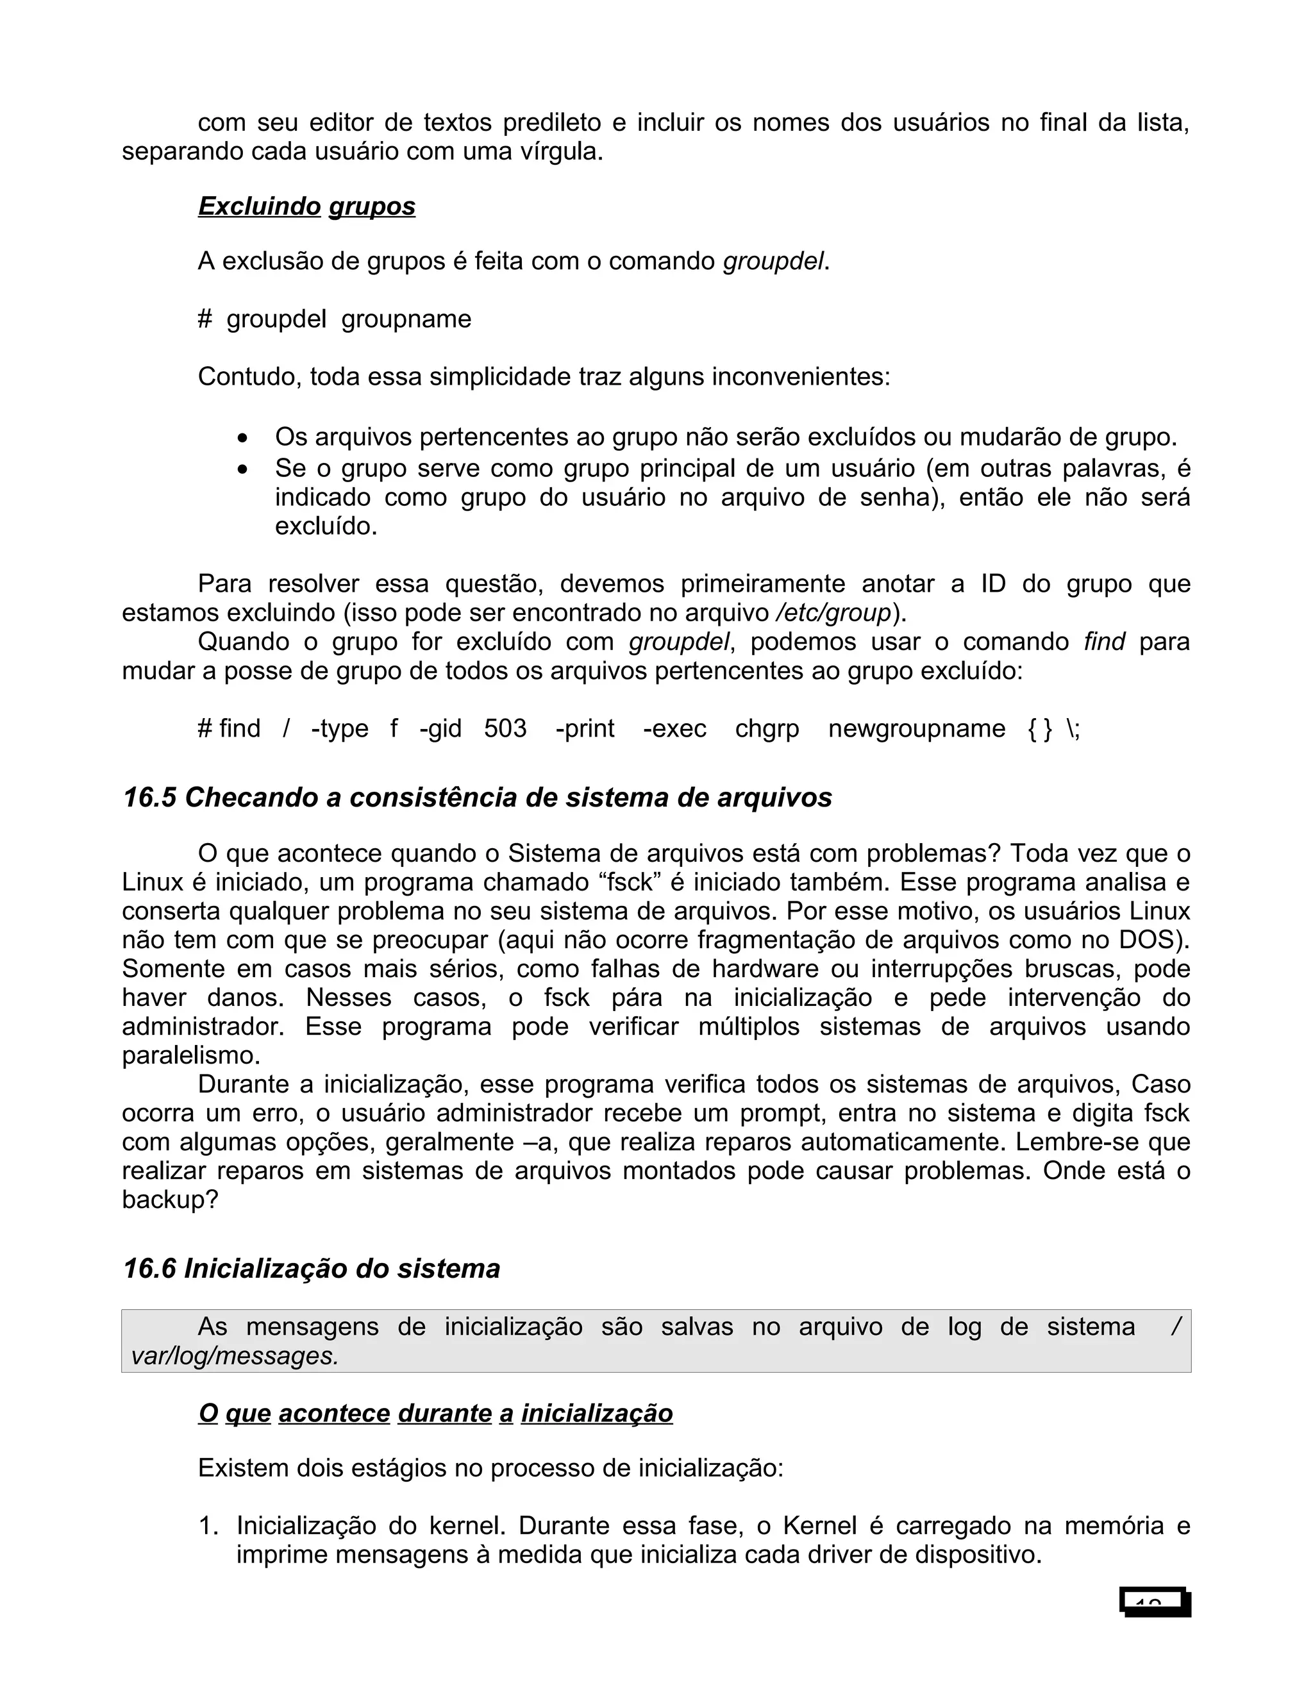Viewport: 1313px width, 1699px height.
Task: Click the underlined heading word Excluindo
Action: click(x=259, y=206)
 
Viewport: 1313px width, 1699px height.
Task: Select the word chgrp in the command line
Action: click(x=767, y=729)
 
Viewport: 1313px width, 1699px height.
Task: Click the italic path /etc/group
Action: click(x=834, y=613)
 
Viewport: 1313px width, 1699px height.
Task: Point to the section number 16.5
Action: click(x=149, y=798)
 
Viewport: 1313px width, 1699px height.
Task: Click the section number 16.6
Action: click(x=149, y=1269)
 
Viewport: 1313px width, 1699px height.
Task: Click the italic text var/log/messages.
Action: click(x=235, y=1356)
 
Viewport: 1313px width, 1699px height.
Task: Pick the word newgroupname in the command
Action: click(x=916, y=729)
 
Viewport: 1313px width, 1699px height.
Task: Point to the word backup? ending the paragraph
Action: click(x=169, y=1200)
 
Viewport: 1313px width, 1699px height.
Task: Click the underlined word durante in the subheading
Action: click(x=444, y=1414)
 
